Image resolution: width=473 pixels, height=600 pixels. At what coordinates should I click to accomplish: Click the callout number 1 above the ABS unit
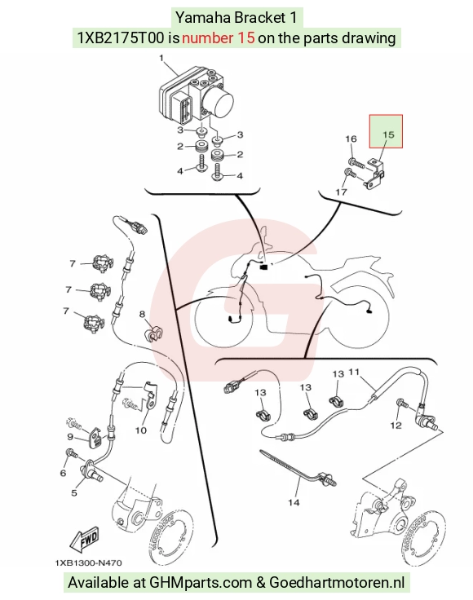161,58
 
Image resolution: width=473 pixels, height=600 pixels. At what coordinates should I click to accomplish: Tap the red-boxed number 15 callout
388,135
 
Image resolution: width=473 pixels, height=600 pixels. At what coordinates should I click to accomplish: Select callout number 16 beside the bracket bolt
351,139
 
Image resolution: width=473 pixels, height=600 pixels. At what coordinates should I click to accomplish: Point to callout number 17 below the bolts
341,192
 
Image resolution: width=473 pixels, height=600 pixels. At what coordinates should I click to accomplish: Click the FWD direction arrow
84,539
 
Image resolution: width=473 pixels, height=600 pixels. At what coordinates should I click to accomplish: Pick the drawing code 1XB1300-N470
88,562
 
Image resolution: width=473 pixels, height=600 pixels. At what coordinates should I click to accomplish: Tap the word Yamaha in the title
199,18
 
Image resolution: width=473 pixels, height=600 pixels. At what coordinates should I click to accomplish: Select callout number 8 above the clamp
143,314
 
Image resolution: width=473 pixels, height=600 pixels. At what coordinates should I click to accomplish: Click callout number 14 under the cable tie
294,502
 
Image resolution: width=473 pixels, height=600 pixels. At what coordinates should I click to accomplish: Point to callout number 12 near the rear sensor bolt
396,425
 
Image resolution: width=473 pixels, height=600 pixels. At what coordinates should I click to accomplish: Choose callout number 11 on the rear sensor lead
355,372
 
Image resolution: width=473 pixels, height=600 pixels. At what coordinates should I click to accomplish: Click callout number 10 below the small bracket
141,430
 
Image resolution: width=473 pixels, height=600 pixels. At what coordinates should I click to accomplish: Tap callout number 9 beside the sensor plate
70,436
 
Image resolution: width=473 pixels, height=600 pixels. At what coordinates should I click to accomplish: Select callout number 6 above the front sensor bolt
63,473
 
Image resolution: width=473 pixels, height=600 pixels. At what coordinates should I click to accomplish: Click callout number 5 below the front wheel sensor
74,493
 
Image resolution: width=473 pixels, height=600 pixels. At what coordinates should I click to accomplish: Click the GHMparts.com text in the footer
201,583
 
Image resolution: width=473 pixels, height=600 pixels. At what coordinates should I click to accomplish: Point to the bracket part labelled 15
374,174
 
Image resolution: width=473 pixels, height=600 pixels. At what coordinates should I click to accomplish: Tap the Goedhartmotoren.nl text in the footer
337,582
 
